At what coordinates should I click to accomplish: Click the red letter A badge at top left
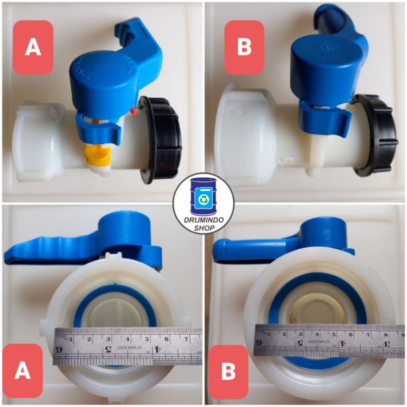point(33,47)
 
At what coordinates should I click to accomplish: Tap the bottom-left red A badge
point(22,370)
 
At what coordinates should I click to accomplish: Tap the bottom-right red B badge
point(228,372)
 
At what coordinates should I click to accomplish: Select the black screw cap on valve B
point(377,132)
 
